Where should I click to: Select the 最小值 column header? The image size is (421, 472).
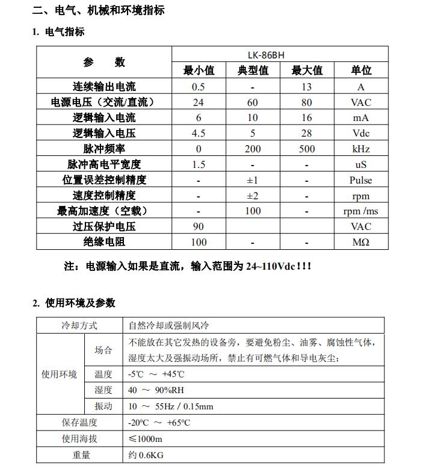198,70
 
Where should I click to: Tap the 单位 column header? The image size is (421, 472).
361,70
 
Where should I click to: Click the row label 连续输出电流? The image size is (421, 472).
104,87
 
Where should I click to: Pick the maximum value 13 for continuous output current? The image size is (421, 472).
307,87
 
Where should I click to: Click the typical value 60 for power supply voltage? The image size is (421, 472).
253,102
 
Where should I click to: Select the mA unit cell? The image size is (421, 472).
361,118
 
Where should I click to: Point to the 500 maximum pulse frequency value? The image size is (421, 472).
307,149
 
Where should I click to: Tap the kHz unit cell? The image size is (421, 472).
361,149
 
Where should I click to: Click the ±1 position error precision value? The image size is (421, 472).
253,180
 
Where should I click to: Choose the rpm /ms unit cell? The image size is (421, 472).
361,211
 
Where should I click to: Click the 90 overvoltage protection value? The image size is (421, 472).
198,227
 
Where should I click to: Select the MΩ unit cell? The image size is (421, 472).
361,242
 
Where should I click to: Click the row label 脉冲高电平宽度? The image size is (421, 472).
104,164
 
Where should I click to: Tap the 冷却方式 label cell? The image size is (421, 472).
79,326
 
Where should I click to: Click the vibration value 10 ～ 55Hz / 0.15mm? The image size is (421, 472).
171,406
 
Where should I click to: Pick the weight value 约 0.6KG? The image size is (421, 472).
146,455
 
